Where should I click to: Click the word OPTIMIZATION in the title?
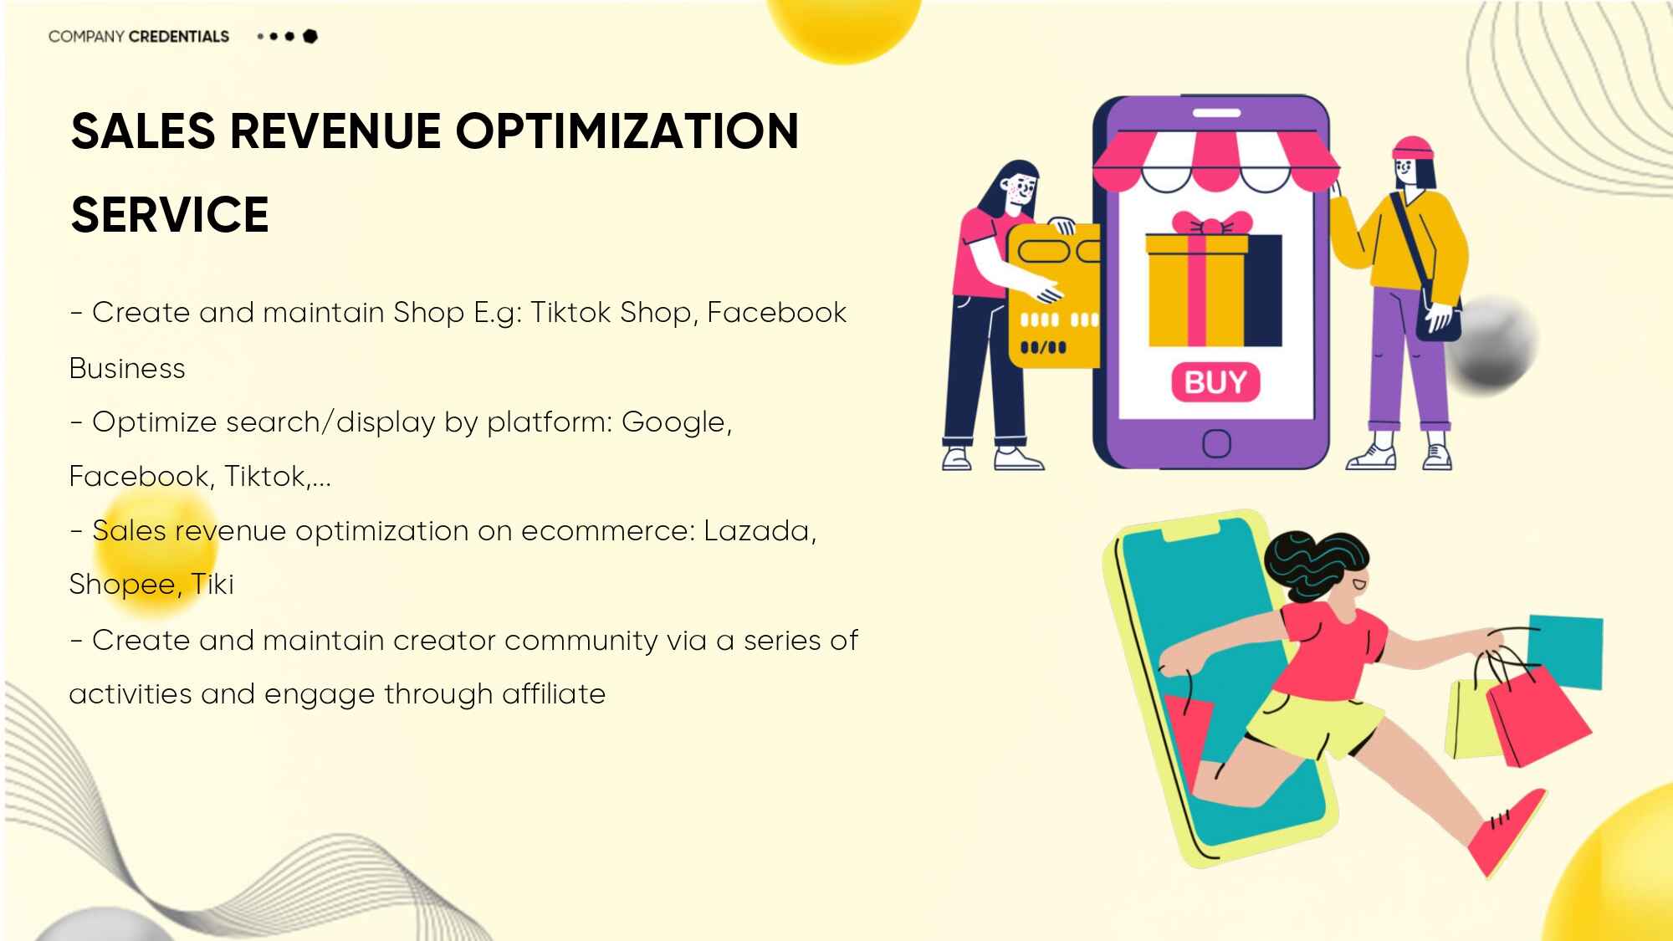(x=627, y=131)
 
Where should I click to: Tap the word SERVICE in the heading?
(x=170, y=214)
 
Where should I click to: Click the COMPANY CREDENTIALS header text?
(x=139, y=36)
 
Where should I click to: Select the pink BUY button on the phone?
(x=1215, y=382)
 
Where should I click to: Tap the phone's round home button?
(x=1216, y=443)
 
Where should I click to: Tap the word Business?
(x=127, y=368)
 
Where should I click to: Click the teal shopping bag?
(x=1565, y=652)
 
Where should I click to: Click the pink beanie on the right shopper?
(x=1412, y=148)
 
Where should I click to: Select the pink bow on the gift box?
(x=1212, y=223)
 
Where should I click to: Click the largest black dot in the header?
(x=310, y=36)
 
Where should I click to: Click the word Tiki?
(x=212, y=584)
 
